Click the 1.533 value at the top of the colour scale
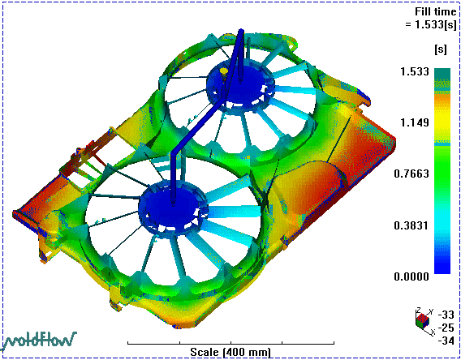pyautogui.click(x=415, y=71)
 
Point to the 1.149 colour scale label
pyautogui.click(x=415, y=122)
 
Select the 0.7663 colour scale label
pyautogui.click(x=411, y=174)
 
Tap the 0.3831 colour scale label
pyautogui.click(x=411, y=225)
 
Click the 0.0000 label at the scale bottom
pyautogui.click(x=411, y=276)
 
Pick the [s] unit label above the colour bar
pyautogui.click(x=440, y=49)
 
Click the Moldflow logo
pyautogui.click(x=40, y=341)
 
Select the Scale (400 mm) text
pyautogui.click(x=230, y=352)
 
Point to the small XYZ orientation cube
pyautogui.click(x=423, y=320)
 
